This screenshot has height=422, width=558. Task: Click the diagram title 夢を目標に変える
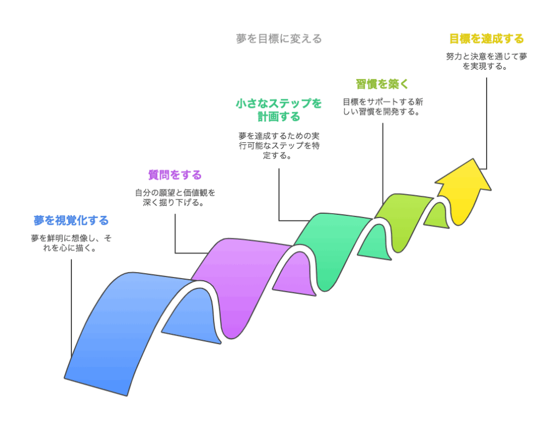[x=278, y=39]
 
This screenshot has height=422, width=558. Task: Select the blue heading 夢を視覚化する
[x=71, y=220]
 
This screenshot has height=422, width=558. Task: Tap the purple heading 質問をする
[x=175, y=175]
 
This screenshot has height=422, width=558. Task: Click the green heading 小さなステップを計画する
[x=278, y=110]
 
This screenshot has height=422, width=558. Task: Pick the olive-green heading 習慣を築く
[x=383, y=84]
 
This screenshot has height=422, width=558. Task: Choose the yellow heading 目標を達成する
[x=487, y=39]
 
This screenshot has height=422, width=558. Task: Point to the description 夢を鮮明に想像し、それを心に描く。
[x=71, y=243]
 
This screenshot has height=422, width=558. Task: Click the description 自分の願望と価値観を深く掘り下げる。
[x=175, y=198]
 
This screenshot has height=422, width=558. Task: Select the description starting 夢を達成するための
[x=278, y=146]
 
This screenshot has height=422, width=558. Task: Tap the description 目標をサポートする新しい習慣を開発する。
[x=383, y=106]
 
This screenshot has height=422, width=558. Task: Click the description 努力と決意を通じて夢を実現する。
[x=487, y=61]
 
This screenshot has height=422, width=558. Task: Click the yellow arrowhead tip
[x=474, y=159]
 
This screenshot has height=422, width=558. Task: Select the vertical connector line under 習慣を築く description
[x=383, y=164]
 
